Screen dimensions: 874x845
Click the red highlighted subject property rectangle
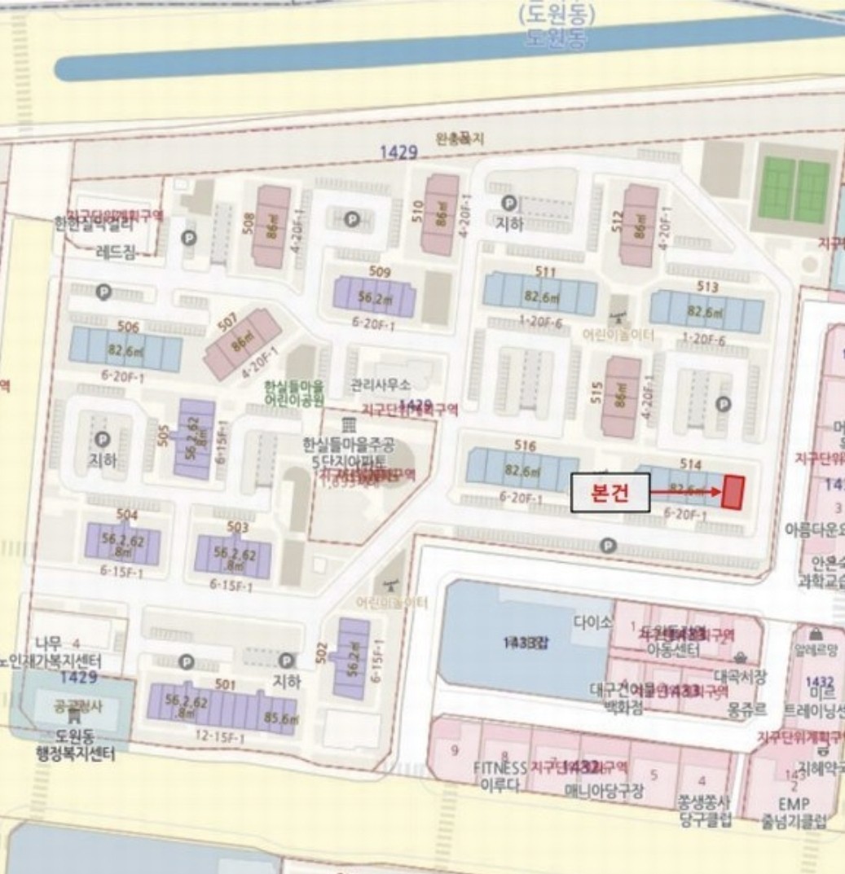pos(733,493)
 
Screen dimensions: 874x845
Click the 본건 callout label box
pos(610,493)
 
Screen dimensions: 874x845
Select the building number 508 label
pos(249,222)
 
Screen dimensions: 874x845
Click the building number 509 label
pos(380,272)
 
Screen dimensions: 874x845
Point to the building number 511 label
pos(546,272)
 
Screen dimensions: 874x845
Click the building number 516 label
pos(526,446)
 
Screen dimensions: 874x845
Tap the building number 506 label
pos(128,327)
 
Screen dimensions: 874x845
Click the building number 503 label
pos(237,528)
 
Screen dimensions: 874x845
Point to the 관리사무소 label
pos(381,384)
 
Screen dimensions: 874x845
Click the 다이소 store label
pos(592,621)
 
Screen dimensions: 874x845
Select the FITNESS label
pos(500,767)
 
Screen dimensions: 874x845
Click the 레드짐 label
pos(116,253)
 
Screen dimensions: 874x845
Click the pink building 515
pos(621,397)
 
